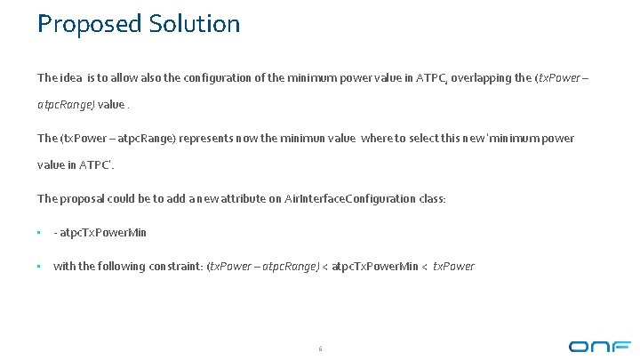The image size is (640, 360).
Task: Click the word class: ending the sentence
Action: (x=431, y=198)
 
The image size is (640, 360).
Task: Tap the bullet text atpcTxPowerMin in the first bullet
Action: (x=104, y=232)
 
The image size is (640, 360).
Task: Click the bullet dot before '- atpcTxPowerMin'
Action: (x=40, y=233)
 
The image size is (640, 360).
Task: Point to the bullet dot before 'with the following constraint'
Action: (x=40, y=266)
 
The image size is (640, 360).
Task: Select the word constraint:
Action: (x=174, y=266)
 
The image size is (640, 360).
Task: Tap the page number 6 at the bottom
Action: (x=320, y=348)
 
